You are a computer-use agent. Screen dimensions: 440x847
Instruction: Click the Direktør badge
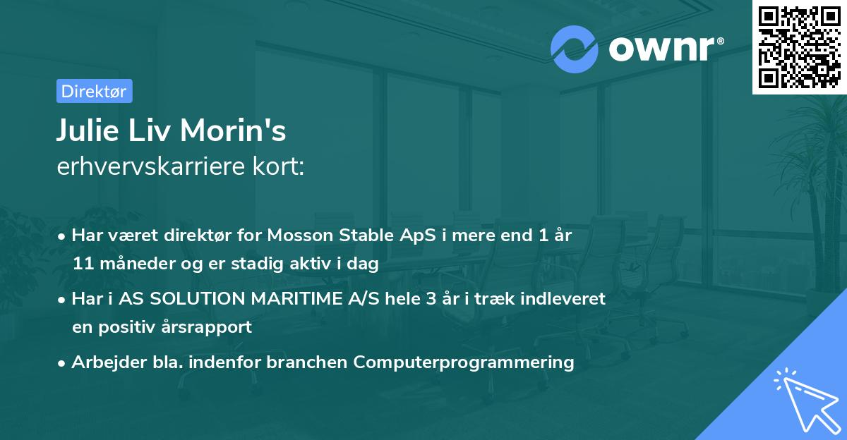(x=94, y=91)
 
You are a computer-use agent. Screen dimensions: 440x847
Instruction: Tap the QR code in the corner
(x=799, y=47)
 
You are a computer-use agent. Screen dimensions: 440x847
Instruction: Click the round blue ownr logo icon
(x=575, y=49)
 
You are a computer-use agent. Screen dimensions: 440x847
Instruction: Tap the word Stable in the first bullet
(x=328, y=236)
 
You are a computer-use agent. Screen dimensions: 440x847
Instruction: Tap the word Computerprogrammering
(x=464, y=362)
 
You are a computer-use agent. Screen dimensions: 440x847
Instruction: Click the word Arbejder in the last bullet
(x=103, y=362)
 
